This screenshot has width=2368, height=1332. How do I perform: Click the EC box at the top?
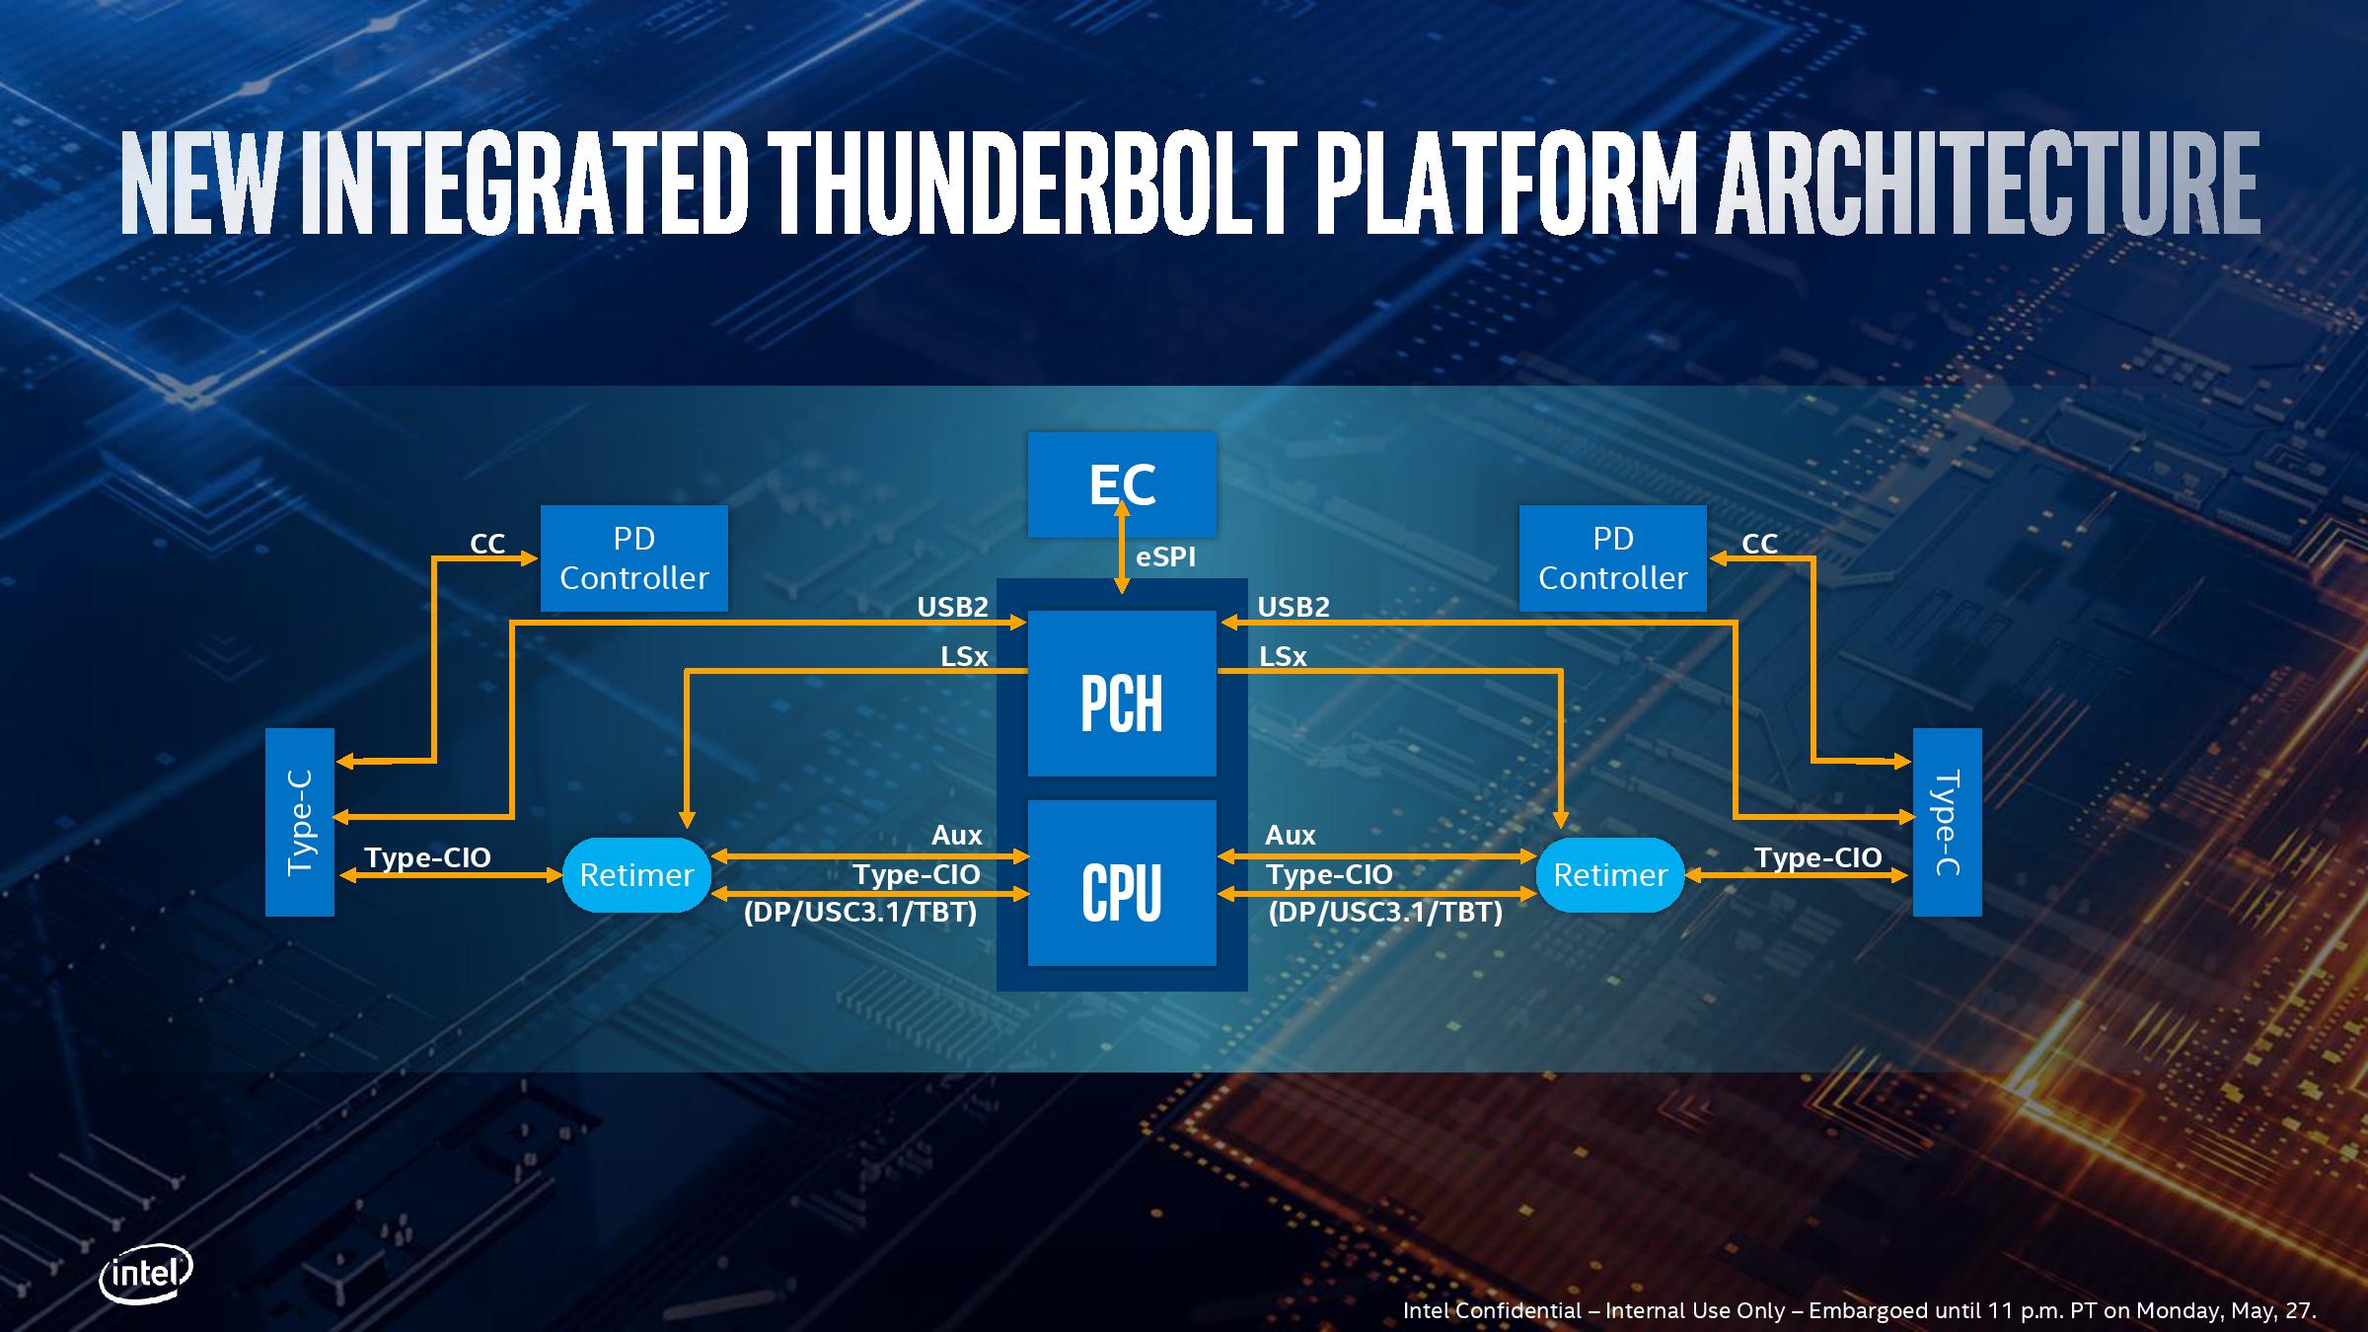(1122, 483)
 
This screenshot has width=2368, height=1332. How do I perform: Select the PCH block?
(1122, 703)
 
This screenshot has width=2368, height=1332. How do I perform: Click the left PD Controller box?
(633, 558)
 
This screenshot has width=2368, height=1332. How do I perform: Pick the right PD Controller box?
(1612, 558)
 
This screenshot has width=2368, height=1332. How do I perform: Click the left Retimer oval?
(636, 875)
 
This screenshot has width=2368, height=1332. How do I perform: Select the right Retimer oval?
(1610, 875)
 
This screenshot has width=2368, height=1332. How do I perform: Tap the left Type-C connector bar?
(300, 822)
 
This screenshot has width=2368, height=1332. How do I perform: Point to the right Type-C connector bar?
(1947, 822)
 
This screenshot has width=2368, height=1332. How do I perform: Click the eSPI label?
(1165, 557)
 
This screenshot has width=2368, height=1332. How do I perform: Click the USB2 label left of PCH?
(952, 607)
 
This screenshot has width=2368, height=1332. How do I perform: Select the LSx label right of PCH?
(1283, 656)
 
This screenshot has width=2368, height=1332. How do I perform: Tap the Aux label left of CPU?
(956, 836)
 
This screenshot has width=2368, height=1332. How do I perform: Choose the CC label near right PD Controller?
(1759, 544)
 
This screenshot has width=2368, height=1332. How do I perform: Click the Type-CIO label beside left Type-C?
(427, 857)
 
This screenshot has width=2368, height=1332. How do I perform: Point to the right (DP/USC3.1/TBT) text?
(1385, 913)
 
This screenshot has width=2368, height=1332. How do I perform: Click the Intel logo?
(145, 1275)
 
